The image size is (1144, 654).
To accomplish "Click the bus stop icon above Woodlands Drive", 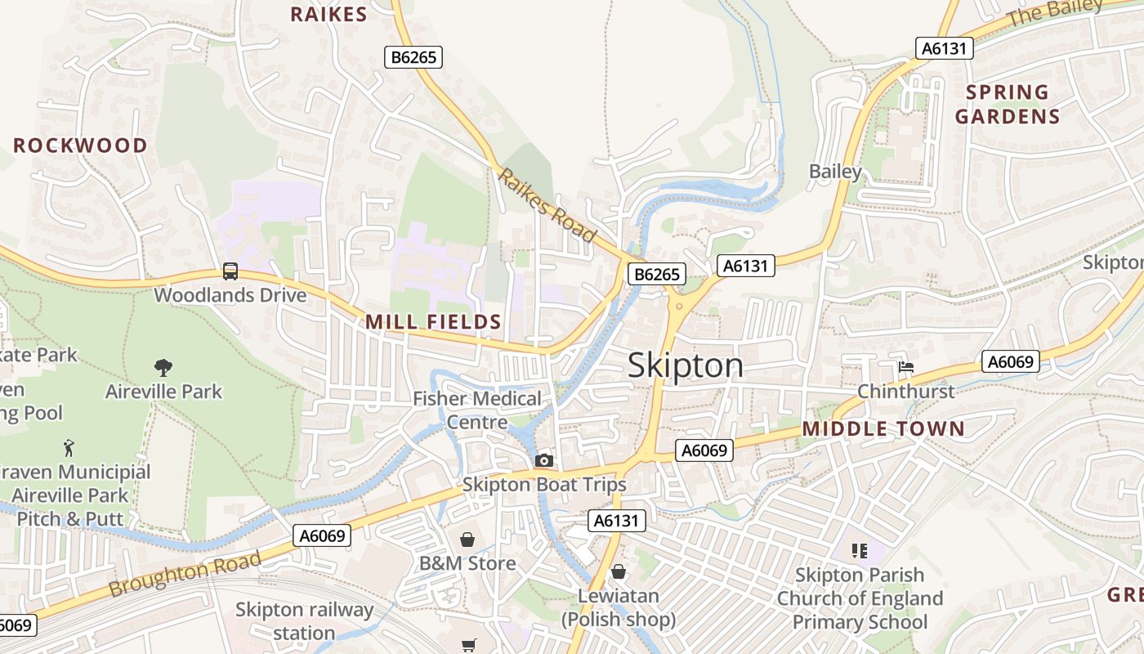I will point(230,271).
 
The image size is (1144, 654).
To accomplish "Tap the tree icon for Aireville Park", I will point(163,368).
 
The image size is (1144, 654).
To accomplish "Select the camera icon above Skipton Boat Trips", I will point(543,461).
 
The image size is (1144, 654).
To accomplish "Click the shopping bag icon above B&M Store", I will point(467,540).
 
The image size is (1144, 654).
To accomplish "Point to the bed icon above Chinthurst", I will point(906,367).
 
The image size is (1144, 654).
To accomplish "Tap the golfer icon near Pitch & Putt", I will point(69,448).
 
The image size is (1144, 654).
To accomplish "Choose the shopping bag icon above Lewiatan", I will point(619,571).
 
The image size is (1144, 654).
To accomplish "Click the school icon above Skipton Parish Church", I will point(859,551).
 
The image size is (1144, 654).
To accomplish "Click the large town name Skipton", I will point(686,365).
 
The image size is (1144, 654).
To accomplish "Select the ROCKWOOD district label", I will point(80,146).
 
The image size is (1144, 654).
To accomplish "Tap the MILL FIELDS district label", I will point(433,321).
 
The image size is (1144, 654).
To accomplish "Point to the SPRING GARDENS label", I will point(1008,104).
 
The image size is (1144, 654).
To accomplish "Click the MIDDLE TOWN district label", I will point(883,428).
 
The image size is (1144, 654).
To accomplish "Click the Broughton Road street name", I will point(185,573).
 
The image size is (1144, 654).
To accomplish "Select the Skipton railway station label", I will point(304,621).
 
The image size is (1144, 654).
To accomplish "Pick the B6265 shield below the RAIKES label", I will point(414,56).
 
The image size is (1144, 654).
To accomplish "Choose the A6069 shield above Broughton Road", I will point(322,535).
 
